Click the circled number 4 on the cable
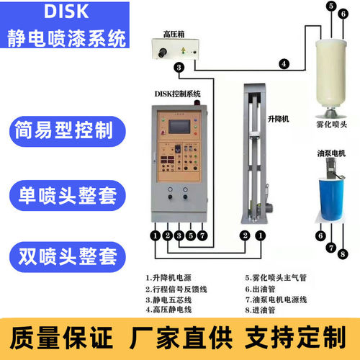tap(284, 64)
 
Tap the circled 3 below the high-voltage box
tap(179, 68)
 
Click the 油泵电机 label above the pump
tap(330, 153)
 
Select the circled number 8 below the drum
tap(343, 253)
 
